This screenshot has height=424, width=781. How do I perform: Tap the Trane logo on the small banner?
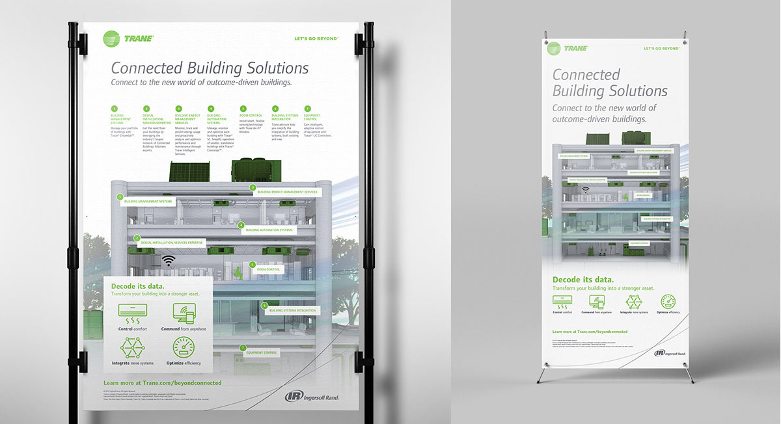[x=568, y=48]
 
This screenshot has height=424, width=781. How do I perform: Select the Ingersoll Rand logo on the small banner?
[x=669, y=352]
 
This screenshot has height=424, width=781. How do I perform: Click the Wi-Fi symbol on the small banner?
[x=585, y=190]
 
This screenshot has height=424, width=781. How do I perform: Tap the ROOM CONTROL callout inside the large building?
[x=268, y=269]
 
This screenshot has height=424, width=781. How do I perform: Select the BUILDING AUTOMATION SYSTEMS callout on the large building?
[x=269, y=230]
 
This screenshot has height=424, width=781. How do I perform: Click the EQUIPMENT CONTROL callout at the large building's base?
[x=262, y=352]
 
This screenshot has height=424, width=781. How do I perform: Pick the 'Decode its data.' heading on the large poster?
[x=137, y=286]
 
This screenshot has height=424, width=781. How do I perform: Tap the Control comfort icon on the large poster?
[x=132, y=312]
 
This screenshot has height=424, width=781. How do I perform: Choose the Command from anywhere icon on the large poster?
[x=187, y=313]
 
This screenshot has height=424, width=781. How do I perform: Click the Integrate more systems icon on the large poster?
[x=132, y=347]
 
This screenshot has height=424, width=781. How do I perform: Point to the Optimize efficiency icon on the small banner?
[x=667, y=301]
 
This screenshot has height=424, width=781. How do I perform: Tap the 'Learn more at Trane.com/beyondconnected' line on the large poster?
[x=162, y=383]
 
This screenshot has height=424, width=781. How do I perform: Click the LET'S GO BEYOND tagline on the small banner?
[x=664, y=48]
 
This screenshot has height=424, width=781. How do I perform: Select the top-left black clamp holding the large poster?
[x=77, y=40]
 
